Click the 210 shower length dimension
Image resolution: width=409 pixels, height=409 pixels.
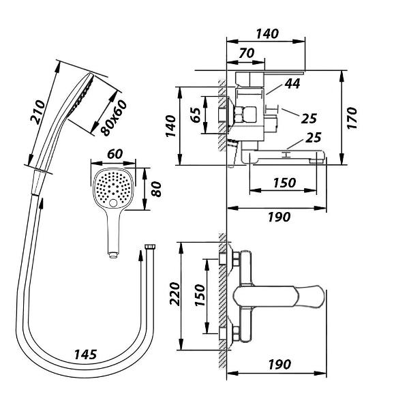[37, 112]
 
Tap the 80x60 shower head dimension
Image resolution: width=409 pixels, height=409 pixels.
[114, 118]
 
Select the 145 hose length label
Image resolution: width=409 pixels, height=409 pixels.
[86, 354]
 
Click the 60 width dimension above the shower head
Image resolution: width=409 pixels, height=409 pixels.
[115, 155]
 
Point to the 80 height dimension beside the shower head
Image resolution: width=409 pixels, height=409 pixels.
[156, 189]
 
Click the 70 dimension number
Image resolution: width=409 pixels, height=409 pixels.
[246, 53]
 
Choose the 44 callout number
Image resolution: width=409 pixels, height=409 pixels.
[292, 84]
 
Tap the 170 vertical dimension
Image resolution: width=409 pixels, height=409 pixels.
[352, 118]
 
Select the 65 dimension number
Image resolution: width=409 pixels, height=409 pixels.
[196, 115]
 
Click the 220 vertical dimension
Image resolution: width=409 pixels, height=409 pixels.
[175, 294]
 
